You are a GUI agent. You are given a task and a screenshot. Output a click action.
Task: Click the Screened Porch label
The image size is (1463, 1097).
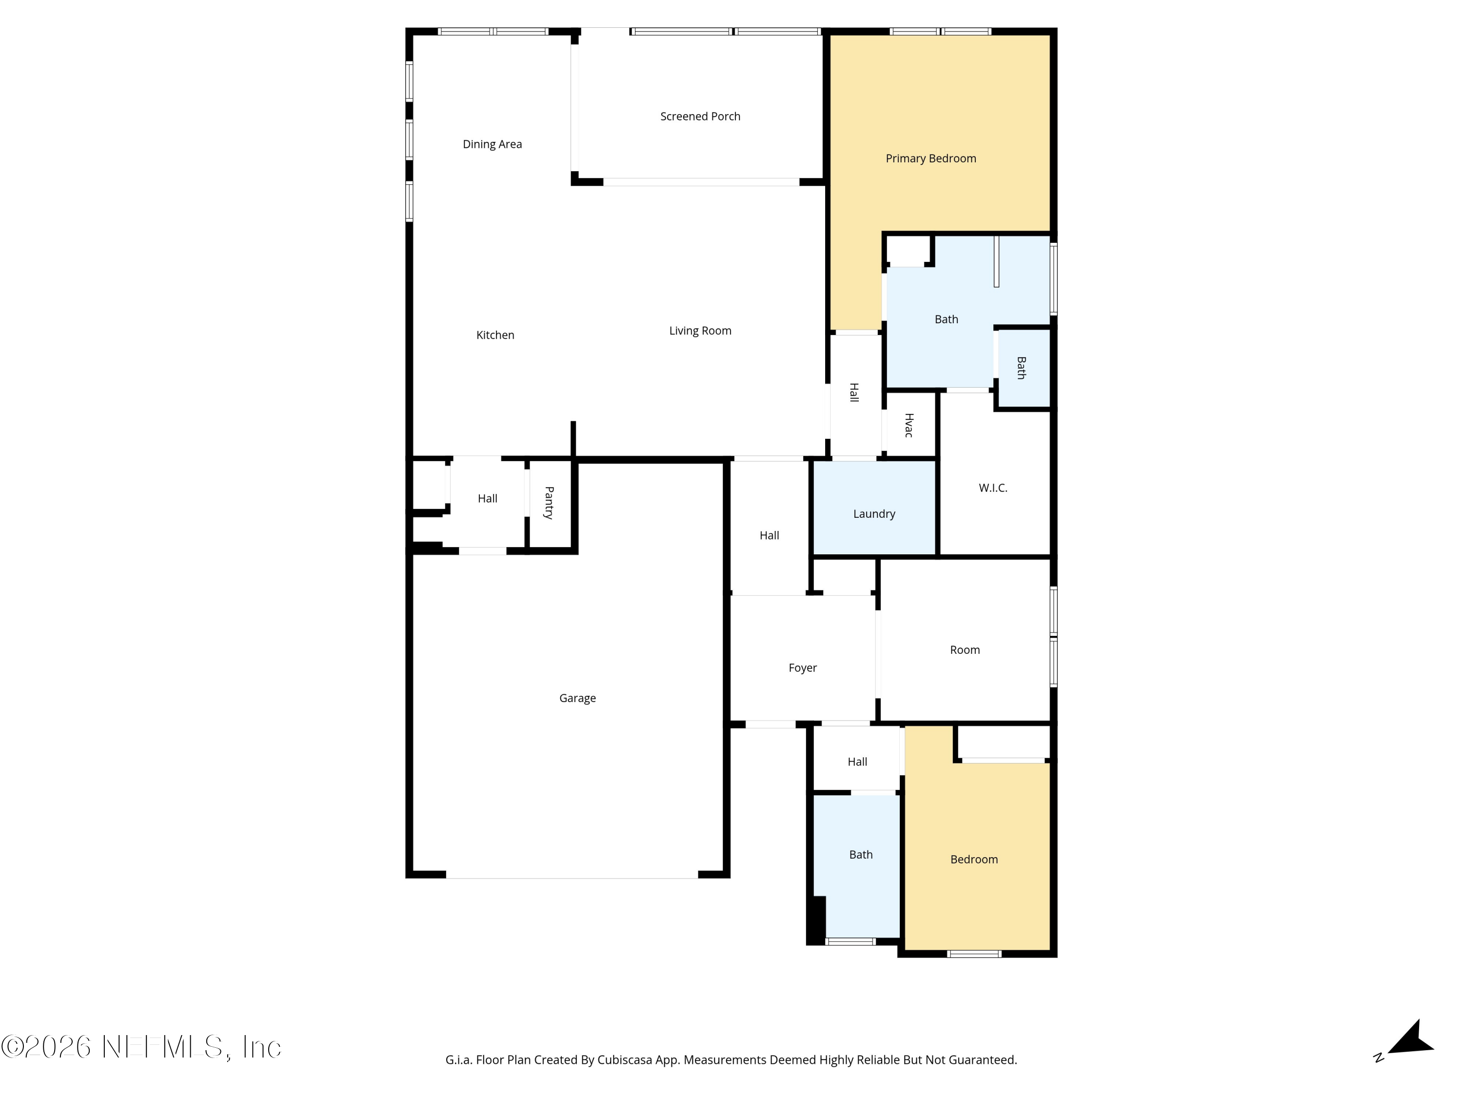coord(700,117)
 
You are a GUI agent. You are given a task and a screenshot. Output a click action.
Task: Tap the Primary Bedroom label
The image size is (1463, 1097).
coord(930,158)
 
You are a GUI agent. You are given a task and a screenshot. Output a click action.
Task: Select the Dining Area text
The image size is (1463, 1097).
coord(492,144)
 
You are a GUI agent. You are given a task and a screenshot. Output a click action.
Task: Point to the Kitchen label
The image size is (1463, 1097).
coord(495,335)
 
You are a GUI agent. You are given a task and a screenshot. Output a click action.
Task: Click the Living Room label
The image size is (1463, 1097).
coord(700,331)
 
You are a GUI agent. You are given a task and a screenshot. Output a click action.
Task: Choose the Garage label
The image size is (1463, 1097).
coord(577,698)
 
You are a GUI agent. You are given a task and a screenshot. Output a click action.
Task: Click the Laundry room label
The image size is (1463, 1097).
coord(874,514)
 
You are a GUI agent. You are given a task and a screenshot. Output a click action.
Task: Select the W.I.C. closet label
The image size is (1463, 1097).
coord(993,488)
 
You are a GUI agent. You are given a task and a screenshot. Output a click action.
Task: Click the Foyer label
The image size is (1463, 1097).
coord(802,668)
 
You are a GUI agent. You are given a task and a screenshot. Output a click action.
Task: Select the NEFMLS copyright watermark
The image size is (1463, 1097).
coord(141,1047)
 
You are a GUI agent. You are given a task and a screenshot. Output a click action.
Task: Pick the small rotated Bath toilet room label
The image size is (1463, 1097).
coord(1022,368)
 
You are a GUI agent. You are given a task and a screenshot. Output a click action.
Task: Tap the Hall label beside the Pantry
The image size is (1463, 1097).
coord(488,499)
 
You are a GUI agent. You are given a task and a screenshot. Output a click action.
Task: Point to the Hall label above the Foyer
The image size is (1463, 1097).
coord(769,536)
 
